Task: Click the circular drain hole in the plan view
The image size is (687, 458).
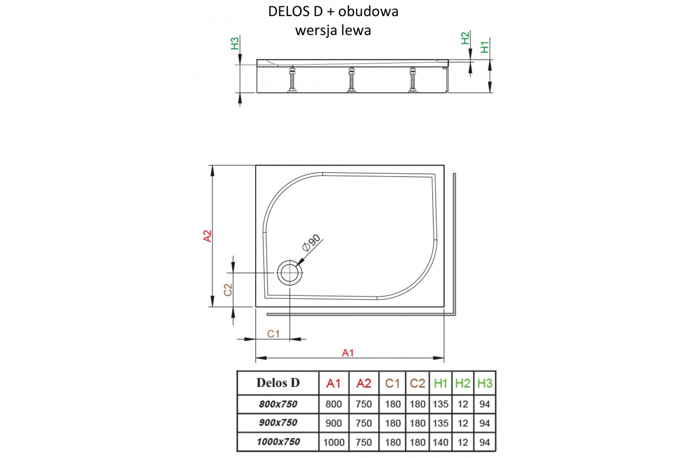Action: click(x=290, y=273)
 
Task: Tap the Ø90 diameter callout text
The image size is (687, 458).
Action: click(x=311, y=244)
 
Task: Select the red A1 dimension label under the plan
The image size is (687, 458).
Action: click(x=348, y=353)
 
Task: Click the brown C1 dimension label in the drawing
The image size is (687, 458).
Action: click(x=273, y=334)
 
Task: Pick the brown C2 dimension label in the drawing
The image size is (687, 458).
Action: click(x=227, y=290)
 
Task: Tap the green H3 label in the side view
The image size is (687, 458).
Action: click(x=234, y=44)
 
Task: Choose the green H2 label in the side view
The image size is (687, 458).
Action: click(x=465, y=38)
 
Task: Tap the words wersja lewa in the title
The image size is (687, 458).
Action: click(x=333, y=30)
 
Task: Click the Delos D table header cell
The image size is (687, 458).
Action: click(x=278, y=382)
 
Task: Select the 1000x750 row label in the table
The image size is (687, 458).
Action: click(x=278, y=441)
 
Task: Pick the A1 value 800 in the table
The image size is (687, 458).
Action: click(x=333, y=404)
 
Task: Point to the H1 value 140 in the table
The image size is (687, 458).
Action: click(x=441, y=441)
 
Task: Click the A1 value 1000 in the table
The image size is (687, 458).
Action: click(x=333, y=441)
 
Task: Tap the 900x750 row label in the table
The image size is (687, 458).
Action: click(x=278, y=423)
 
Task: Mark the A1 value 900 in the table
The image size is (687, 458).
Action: click(x=333, y=423)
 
